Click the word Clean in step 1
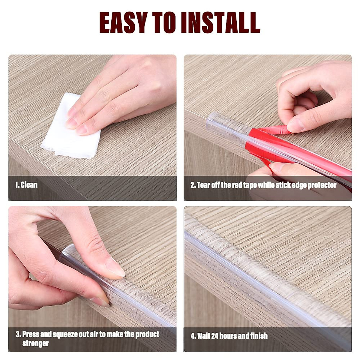[29, 185]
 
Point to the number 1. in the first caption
[17, 185]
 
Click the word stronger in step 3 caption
[35, 343]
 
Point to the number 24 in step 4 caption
[215, 336]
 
